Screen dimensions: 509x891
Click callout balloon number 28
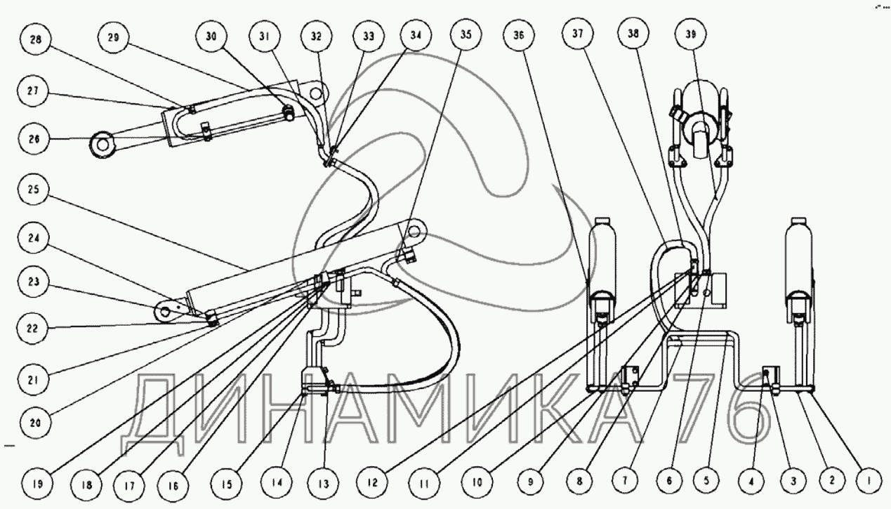tap(35, 41)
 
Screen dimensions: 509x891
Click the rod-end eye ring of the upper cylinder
tap(103, 145)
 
